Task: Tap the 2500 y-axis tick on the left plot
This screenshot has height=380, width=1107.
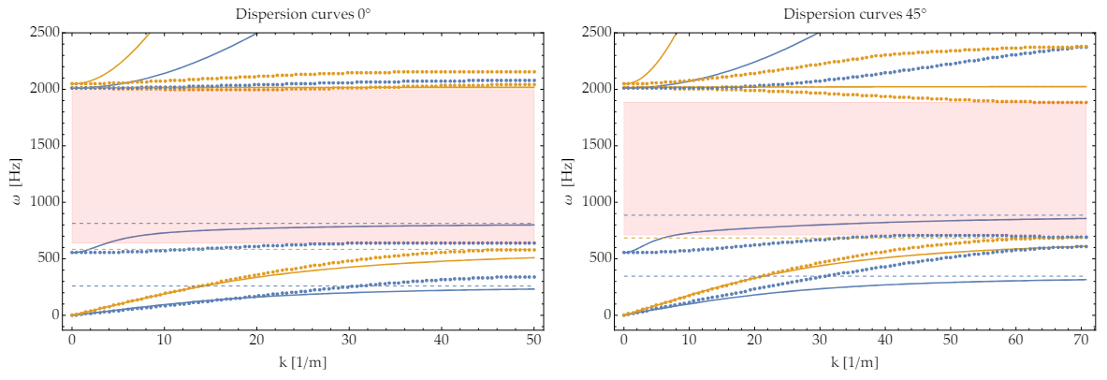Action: pos(46,32)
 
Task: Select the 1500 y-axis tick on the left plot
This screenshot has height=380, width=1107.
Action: pos(46,145)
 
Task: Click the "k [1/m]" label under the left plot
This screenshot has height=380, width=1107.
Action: pos(302,359)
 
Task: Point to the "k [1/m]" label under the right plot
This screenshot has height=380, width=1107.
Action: pos(854,359)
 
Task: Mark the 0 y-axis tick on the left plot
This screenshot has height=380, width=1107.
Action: pos(57,315)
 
